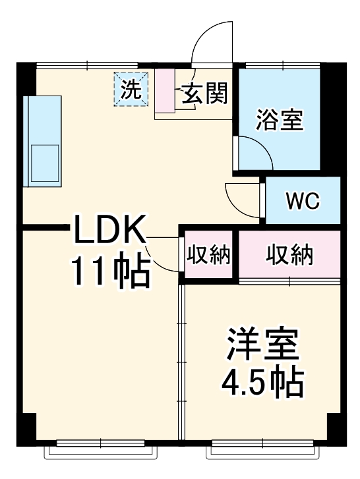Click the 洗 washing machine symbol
[x=131, y=89]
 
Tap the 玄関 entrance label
[x=204, y=95]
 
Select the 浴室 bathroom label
[x=279, y=120]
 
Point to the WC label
[x=302, y=200]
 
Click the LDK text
[x=109, y=233]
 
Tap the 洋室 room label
[x=264, y=344]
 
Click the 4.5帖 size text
[x=264, y=380]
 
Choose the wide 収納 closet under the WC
[x=289, y=255]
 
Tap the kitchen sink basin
[x=44, y=162]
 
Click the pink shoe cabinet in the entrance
[x=163, y=92]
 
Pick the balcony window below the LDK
[x=102, y=451]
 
